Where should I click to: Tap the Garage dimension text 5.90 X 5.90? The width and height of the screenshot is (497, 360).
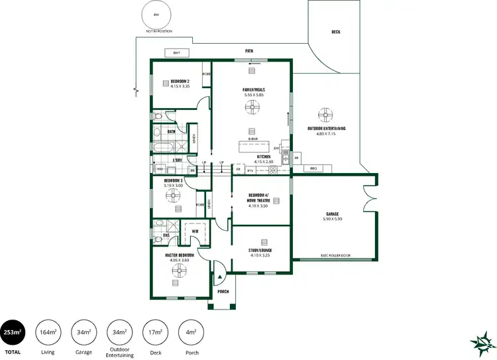(x=332, y=219)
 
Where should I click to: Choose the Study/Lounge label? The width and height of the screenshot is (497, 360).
(x=260, y=251)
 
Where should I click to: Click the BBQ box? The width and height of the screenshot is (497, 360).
(x=314, y=168)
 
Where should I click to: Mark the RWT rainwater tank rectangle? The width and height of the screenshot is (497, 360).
(x=177, y=52)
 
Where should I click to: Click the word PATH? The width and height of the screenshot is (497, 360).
(x=249, y=50)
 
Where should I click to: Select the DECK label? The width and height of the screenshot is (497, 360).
(x=336, y=31)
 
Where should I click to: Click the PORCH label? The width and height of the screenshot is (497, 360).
(x=223, y=291)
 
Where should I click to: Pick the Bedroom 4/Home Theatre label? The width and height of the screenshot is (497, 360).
(x=259, y=198)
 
